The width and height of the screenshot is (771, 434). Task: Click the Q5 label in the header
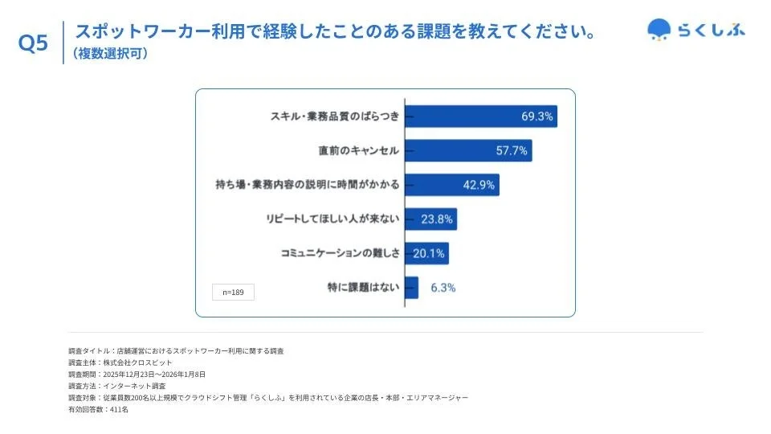point(33,44)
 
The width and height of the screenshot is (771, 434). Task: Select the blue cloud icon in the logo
point(659,30)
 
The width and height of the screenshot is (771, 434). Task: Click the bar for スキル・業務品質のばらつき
point(480,117)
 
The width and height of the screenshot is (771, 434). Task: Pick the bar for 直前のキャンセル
point(467,150)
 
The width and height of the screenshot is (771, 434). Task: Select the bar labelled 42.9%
point(451,185)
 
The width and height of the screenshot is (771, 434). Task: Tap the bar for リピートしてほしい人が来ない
point(430,219)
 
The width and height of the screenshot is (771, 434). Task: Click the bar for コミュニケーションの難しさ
point(426,253)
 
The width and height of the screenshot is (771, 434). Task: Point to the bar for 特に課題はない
point(411,288)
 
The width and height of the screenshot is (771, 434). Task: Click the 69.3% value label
point(536,117)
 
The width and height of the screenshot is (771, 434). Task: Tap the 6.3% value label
point(443,288)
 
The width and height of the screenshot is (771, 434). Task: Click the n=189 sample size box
point(233,293)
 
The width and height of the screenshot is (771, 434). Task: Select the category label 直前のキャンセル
point(358,150)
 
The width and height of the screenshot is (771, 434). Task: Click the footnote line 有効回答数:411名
point(99,409)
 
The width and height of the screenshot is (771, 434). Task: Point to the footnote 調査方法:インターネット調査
point(117,386)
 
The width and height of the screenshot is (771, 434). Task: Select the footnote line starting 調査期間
point(137,375)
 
